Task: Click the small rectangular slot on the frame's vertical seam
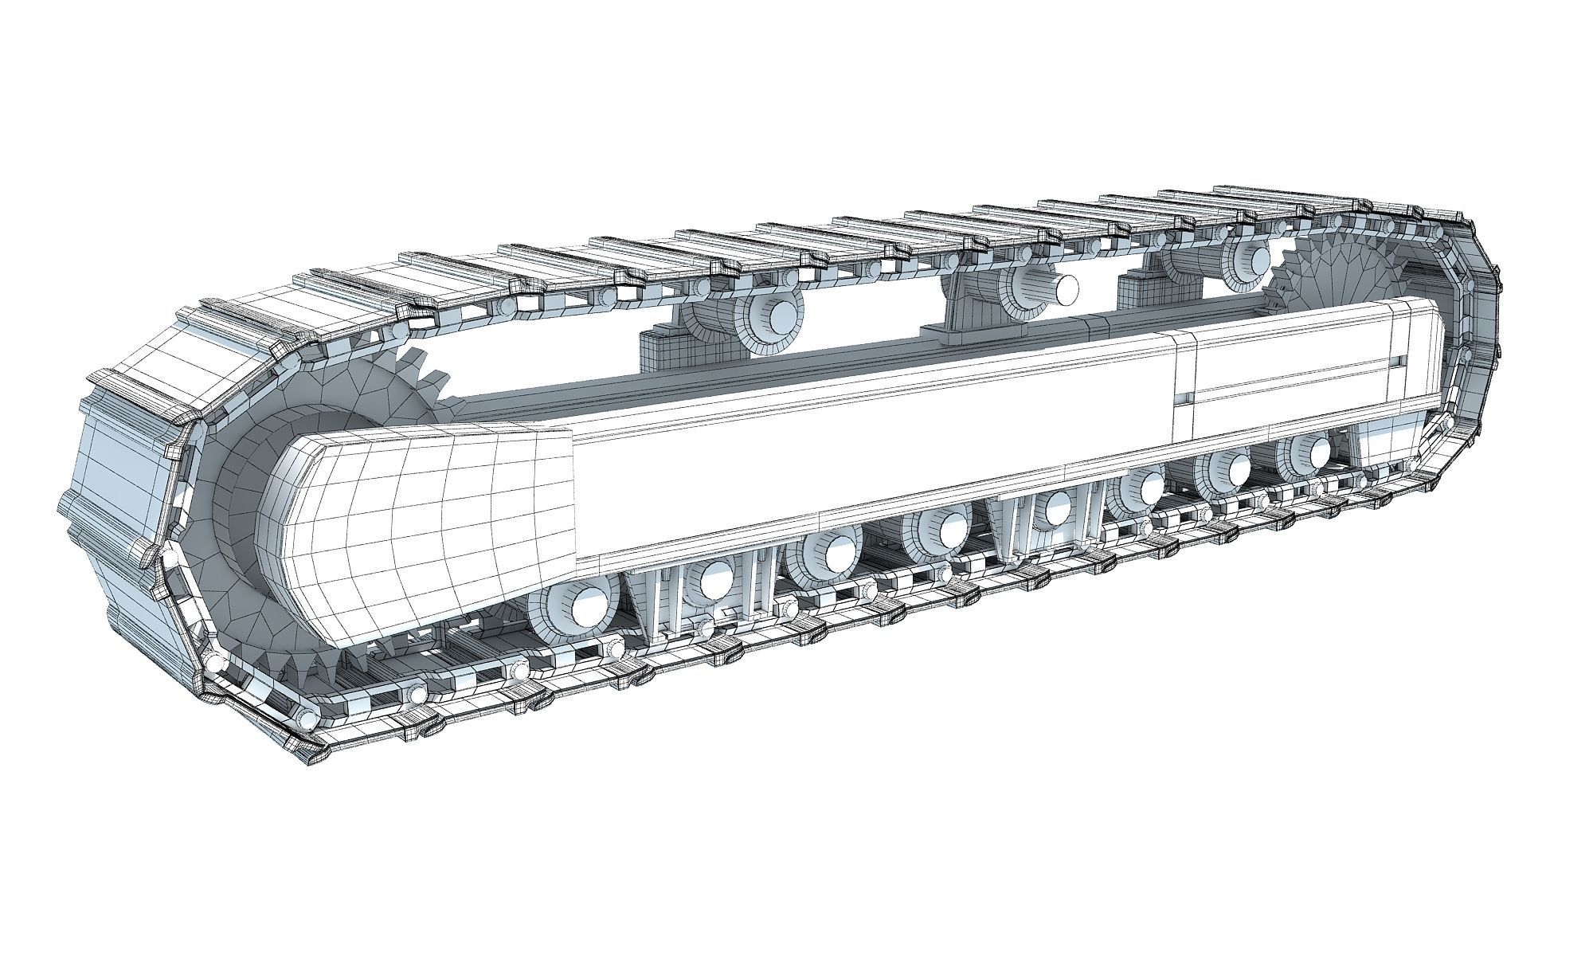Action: (1186, 396)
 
